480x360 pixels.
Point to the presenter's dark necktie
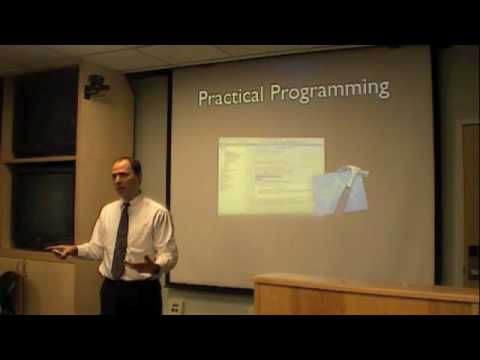tap(121, 240)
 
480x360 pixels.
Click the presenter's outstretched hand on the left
tap(60, 251)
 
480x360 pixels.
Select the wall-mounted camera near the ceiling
tap(97, 87)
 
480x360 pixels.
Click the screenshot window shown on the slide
tap(270, 175)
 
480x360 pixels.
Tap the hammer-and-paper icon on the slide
tap(340, 190)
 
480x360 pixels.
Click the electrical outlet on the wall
tap(176, 307)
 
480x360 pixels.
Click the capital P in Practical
tap(204, 97)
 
